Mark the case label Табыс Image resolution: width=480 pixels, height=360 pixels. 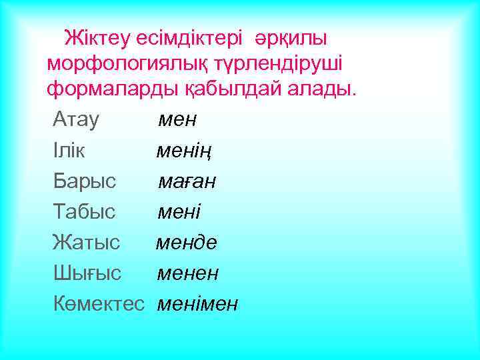84,212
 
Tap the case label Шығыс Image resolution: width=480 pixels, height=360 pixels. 87,273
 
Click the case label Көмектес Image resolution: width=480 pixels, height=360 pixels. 99,304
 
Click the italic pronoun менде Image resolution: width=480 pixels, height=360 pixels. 187,243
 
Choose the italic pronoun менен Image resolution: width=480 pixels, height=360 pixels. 188,273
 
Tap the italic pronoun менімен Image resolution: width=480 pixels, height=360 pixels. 197,304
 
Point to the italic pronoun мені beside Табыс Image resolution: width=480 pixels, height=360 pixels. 179,212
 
